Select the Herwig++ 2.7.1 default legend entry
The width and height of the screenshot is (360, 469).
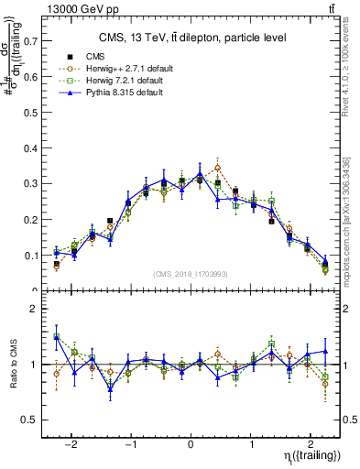[x=110, y=69]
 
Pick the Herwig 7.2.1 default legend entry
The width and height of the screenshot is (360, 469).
[x=109, y=81]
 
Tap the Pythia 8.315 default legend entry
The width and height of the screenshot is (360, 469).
[x=107, y=93]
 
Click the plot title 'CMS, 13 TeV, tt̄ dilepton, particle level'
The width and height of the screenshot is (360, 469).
[x=191, y=38]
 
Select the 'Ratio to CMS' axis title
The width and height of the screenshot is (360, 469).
[x=12, y=365]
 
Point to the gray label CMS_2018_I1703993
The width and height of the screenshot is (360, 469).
[x=191, y=273]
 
